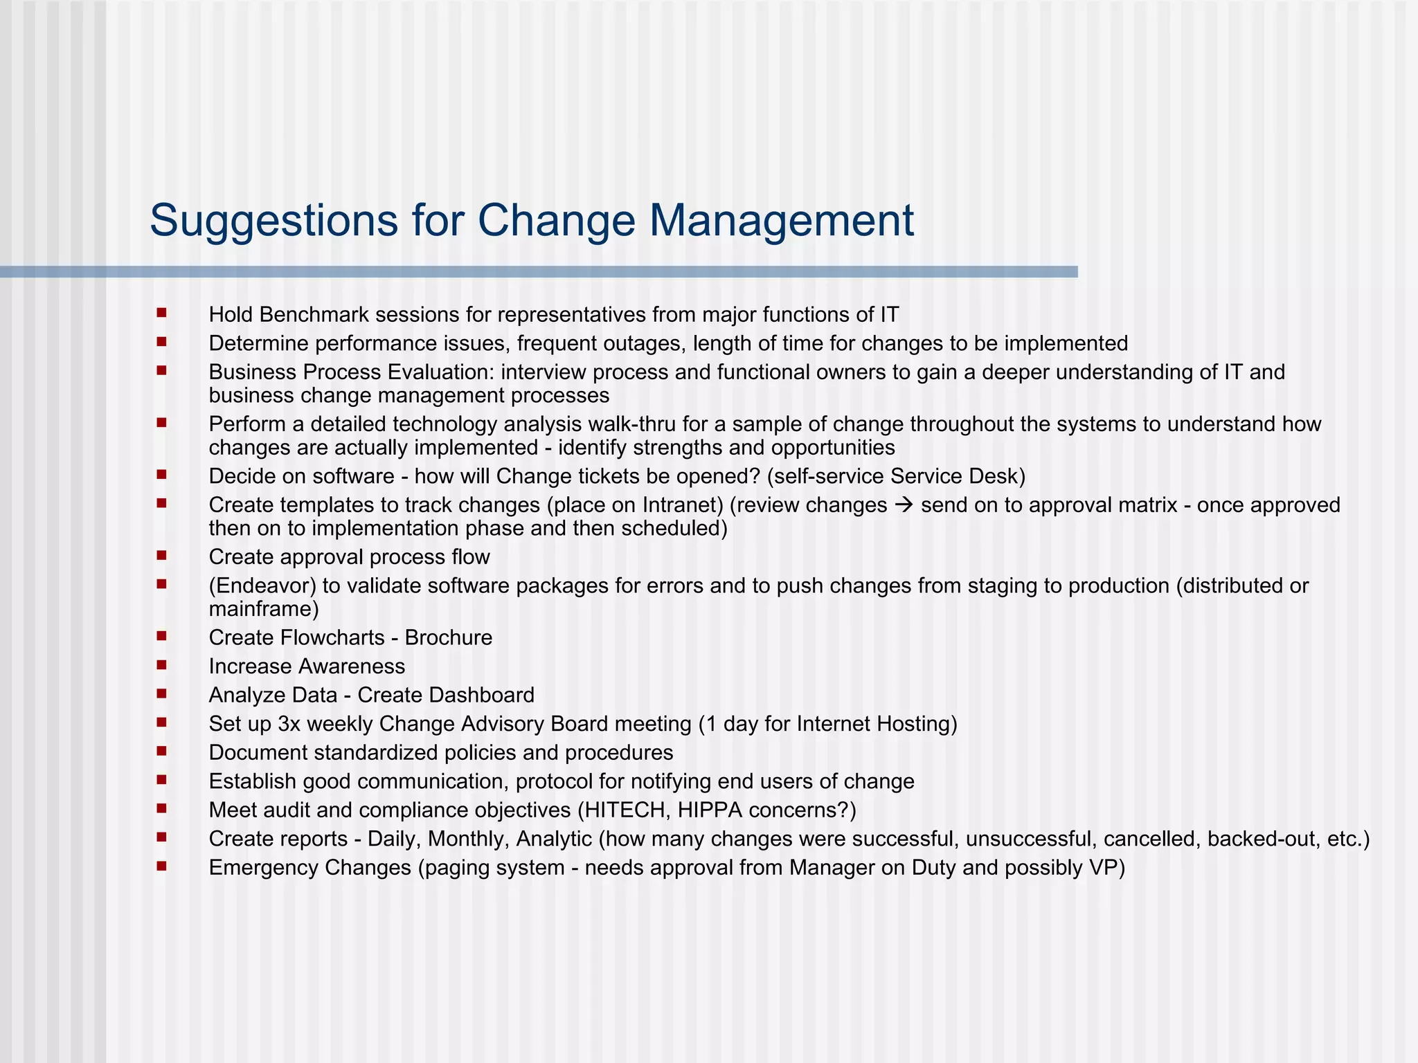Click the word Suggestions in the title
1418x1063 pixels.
coord(273,221)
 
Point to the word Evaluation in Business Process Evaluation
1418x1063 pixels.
coord(439,372)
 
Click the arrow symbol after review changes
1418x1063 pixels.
coord(904,505)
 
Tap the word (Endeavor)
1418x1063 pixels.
coord(262,586)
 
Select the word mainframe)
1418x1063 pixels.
coord(264,609)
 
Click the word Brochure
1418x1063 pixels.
coord(449,637)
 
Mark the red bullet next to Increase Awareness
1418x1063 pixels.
coord(162,664)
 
